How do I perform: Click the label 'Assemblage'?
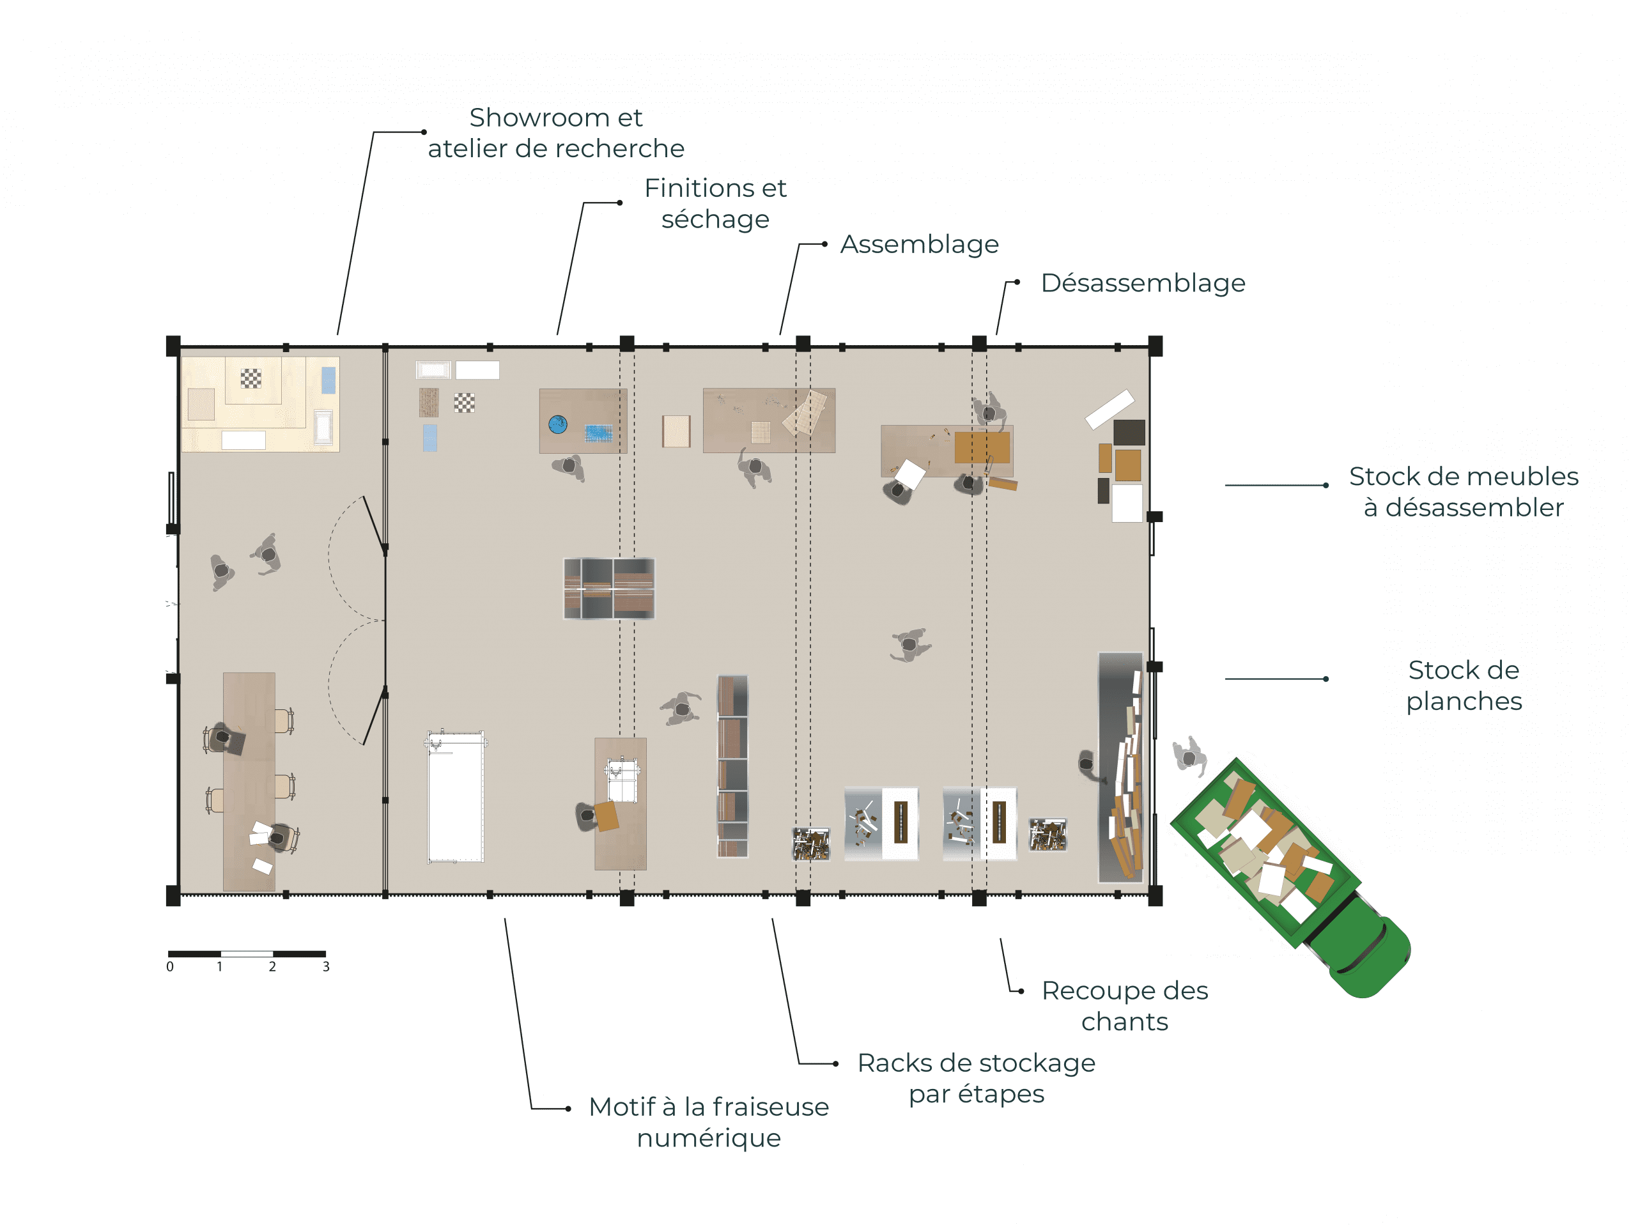coord(920,244)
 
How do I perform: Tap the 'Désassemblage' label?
coord(1143,282)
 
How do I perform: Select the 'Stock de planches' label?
coord(1464,685)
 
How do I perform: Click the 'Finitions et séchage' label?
coord(715,203)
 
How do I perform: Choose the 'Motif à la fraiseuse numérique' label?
coord(709,1122)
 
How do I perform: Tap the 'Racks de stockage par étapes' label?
coord(977,1078)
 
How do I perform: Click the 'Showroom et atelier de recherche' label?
coord(556,133)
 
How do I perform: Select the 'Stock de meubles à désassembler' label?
coord(1464,492)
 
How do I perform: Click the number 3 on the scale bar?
coord(326,967)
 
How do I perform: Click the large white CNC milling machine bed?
coord(456,797)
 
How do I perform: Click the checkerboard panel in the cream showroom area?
coord(251,379)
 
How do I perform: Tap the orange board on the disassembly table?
coord(982,447)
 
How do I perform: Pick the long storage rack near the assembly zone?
coord(732,766)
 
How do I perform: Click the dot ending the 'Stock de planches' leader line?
coord(1326,679)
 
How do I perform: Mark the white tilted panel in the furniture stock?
coord(1109,409)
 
